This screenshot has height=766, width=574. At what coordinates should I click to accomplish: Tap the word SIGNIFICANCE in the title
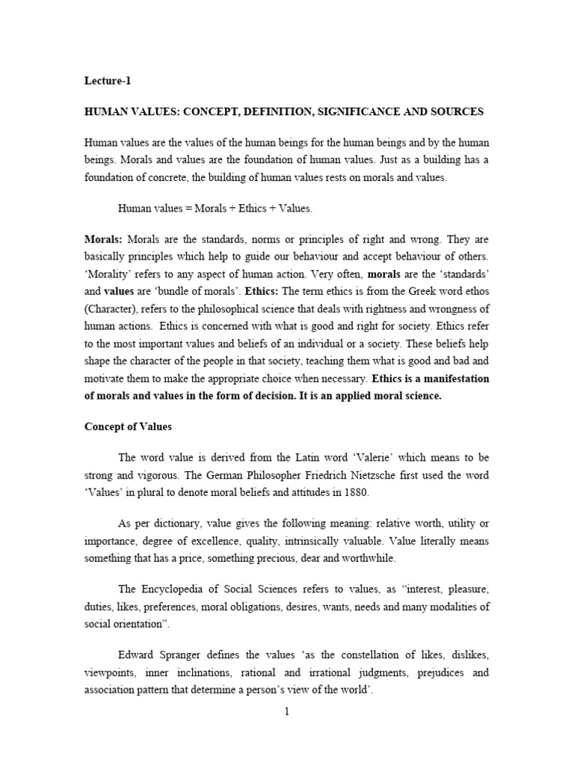[x=362, y=111]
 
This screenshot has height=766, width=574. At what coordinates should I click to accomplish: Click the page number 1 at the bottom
[x=286, y=712]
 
